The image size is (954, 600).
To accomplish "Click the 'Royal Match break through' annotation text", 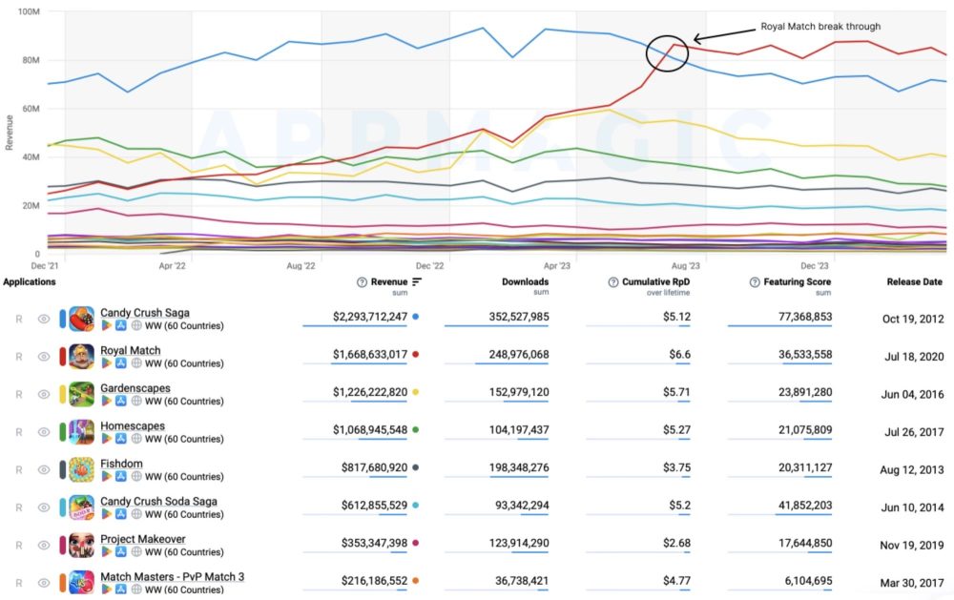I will click(820, 26).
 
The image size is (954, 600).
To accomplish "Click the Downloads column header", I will click(525, 282).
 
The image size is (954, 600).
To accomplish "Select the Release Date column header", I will click(914, 282).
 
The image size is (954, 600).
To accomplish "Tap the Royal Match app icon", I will click(82, 356).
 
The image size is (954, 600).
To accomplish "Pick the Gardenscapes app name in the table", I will click(133, 388).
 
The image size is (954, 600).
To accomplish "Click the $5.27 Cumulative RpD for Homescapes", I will click(676, 429).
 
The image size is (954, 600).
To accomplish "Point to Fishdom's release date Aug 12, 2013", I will click(912, 467).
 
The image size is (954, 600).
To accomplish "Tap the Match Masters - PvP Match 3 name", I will click(172, 576).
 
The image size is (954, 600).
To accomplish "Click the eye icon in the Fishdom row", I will click(43, 469).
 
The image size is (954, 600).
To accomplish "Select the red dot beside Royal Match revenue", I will click(416, 354).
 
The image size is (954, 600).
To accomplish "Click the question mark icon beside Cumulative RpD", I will click(613, 282).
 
